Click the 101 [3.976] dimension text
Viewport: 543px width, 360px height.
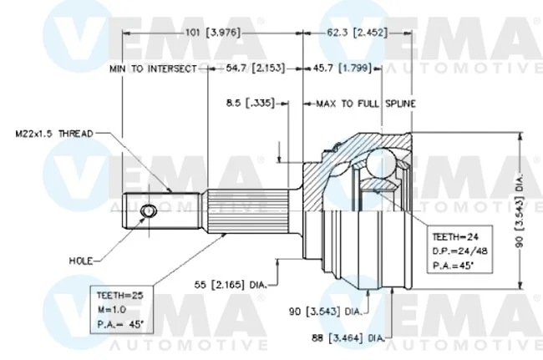[x=213, y=33]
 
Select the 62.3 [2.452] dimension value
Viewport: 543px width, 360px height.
[x=357, y=33]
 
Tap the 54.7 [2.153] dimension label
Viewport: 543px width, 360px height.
[x=256, y=68]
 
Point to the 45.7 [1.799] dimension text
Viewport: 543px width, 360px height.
[x=342, y=68]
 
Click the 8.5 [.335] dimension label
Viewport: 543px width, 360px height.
[x=251, y=103]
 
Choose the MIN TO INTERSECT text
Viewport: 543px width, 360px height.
[x=153, y=68]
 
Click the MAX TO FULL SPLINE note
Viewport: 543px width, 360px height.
[x=366, y=104]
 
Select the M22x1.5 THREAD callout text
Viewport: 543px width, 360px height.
[x=54, y=134]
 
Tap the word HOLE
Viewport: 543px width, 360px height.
[x=81, y=261]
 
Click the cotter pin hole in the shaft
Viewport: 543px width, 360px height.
[x=148, y=210]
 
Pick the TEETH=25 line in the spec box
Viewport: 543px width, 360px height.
[x=119, y=296]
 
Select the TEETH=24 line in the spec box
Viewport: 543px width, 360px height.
[x=455, y=237]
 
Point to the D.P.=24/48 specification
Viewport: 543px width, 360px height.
[x=459, y=251]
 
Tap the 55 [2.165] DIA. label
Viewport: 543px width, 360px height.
[x=231, y=285]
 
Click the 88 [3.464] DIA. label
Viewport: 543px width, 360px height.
[x=348, y=337]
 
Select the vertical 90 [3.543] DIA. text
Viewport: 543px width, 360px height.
[x=519, y=210]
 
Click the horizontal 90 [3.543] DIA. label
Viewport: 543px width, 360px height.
[x=326, y=312]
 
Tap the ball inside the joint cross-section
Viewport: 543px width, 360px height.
[x=380, y=163]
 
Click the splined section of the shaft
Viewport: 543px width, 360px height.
[x=248, y=211]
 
